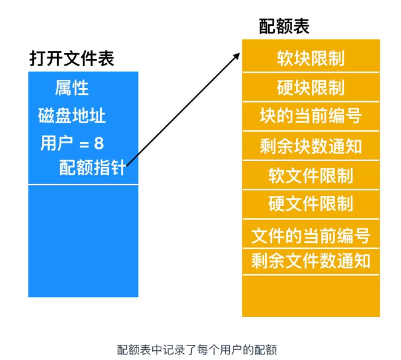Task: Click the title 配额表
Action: click(x=284, y=26)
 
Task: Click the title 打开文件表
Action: click(x=72, y=58)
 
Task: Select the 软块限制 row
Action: click(x=311, y=58)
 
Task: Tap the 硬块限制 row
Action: click(x=311, y=87)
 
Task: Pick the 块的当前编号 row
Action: click(x=311, y=116)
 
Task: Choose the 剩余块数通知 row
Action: click(x=311, y=146)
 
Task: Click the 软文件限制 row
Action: click(x=311, y=175)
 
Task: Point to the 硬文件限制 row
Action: click(x=311, y=203)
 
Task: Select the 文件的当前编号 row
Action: click(x=311, y=234)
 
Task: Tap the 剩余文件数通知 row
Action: click(x=311, y=261)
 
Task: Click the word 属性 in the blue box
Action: click(x=72, y=88)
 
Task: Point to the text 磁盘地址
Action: click(x=72, y=115)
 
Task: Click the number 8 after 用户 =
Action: click(x=99, y=143)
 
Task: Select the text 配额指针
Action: click(x=92, y=167)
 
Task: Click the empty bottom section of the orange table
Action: click(x=311, y=296)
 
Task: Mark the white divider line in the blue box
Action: click(x=83, y=185)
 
